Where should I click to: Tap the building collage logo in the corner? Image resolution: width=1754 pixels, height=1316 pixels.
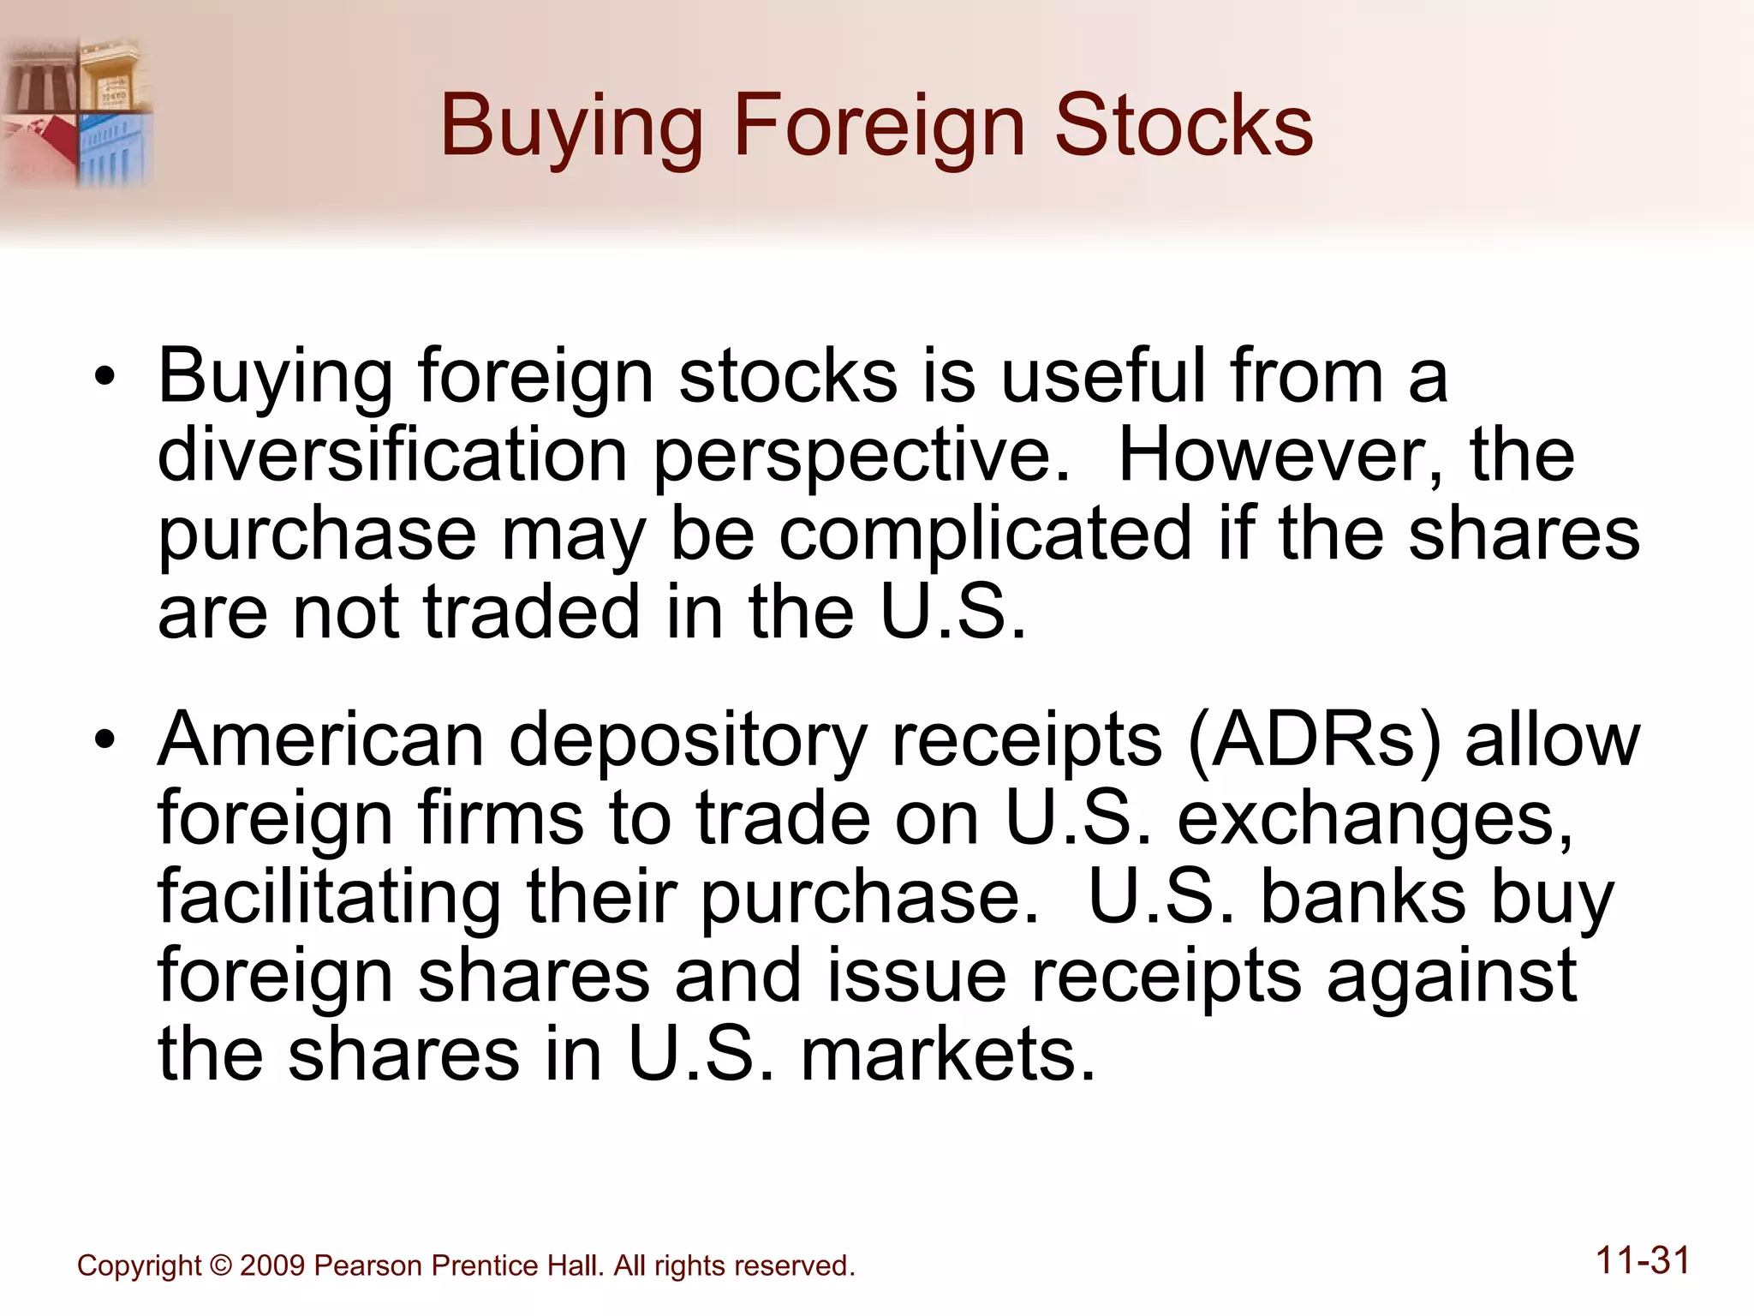77,111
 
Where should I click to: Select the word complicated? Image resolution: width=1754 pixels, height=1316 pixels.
985,534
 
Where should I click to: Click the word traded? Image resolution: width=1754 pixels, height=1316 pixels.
532,612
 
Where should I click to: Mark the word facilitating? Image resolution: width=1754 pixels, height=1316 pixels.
329,898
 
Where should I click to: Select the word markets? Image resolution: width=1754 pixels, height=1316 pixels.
948,1054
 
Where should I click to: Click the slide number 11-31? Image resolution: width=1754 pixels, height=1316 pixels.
1643,1261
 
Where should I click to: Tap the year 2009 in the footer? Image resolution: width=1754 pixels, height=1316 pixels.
272,1265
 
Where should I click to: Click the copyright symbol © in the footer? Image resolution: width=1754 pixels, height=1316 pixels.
220,1265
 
